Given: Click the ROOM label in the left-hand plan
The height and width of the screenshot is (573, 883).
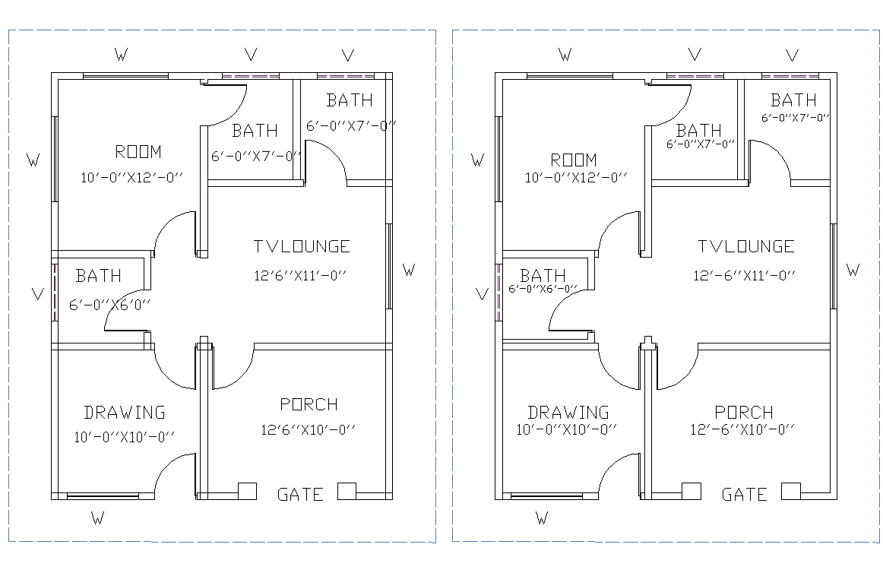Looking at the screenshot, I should point(138,150).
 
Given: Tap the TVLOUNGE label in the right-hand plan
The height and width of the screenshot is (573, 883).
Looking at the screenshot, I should point(746,246).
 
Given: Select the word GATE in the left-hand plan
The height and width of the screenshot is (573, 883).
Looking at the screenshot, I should point(300,495).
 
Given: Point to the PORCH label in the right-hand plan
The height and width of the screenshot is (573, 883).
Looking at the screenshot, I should point(744,413).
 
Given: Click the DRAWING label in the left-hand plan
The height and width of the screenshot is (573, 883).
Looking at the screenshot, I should point(125,413).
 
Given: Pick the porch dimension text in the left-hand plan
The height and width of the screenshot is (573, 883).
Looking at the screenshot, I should point(308,430).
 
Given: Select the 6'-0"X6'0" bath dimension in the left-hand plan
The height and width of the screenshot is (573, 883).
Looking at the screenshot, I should point(110,305).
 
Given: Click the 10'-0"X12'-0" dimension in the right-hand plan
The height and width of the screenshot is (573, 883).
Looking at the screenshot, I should point(576,178).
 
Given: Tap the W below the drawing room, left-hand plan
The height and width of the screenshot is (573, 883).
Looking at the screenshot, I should point(97,519).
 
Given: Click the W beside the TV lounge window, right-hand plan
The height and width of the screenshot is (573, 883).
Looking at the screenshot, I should point(853,270).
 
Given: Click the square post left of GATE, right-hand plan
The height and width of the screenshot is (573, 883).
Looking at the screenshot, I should point(691,491).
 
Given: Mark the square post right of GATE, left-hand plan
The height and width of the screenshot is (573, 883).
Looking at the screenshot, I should point(347,491).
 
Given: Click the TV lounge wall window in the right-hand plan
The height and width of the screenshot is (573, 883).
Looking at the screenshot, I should point(834,266).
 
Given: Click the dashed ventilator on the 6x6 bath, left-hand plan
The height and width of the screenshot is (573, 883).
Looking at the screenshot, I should point(55,293).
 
